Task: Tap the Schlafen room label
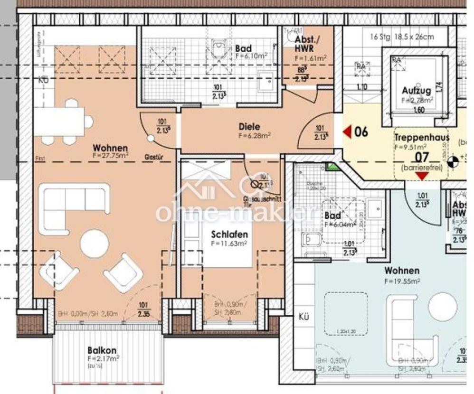coord(230,235)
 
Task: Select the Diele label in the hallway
coord(249,127)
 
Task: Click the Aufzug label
coord(416,90)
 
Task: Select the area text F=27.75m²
coord(111,155)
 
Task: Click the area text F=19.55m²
coord(402,281)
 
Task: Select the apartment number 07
coord(422,157)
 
